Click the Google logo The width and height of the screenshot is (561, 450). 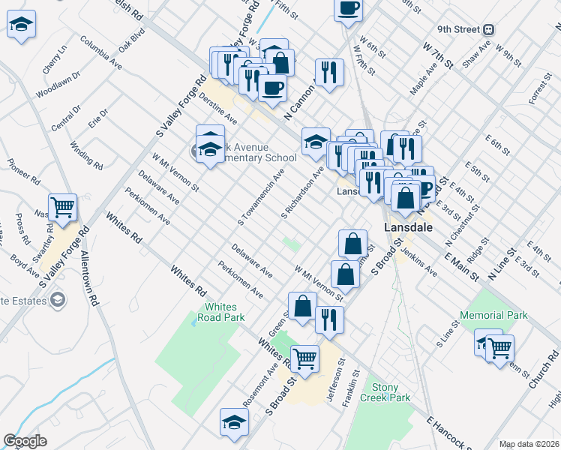click(25, 442)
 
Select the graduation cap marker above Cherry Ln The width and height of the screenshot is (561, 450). click(22, 26)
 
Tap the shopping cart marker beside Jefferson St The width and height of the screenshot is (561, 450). click(304, 358)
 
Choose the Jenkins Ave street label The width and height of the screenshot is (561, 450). click(420, 262)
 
